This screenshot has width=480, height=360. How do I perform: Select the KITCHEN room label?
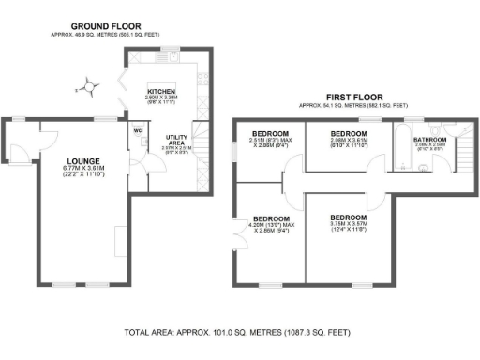pyautogui.click(x=161, y=91)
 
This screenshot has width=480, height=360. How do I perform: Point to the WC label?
pyautogui.click(x=137, y=131)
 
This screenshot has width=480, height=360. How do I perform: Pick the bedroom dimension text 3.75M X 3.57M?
pyautogui.click(x=349, y=223)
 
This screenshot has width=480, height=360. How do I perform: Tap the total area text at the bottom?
pyautogui.click(x=239, y=333)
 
